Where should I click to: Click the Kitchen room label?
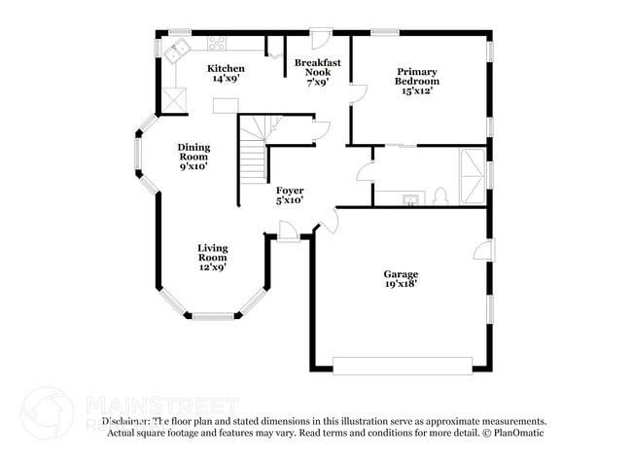pyautogui.click(x=226, y=74)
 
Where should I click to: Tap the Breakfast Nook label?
pyautogui.click(x=318, y=74)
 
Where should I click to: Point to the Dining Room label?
pyautogui.click(x=193, y=157)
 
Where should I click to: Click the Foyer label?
pyautogui.click(x=290, y=195)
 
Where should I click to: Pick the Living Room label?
pyautogui.click(x=213, y=257)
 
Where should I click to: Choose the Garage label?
pyautogui.click(x=400, y=280)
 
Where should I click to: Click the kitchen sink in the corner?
pyautogui.click(x=177, y=52)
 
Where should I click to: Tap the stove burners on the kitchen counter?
pyautogui.click(x=217, y=44)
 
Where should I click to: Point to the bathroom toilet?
pyautogui.click(x=440, y=196)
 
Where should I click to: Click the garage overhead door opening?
pyautogui.click(x=402, y=366)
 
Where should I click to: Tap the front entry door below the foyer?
pyautogui.click(x=288, y=230)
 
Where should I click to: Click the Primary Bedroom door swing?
pyautogui.click(x=358, y=94)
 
